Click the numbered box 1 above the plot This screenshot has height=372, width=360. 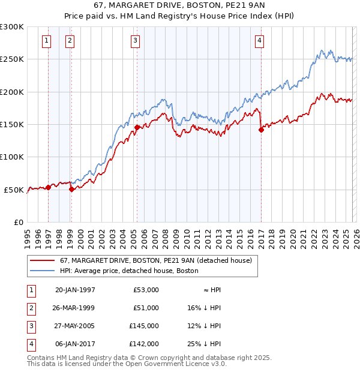point(47,41)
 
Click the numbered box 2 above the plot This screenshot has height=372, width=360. point(70,41)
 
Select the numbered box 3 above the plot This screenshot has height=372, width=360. point(136,41)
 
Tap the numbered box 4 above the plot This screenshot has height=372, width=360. point(259,41)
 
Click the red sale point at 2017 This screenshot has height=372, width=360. point(261,130)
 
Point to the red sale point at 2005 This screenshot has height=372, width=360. point(137,127)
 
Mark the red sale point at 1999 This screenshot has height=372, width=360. point(71,189)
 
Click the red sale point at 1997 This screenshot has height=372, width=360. point(48,187)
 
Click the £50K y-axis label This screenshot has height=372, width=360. point(14,190)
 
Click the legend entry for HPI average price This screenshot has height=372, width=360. point(129,271)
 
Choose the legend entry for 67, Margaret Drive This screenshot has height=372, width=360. point(158,260)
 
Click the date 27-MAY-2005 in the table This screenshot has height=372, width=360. point(75,326)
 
